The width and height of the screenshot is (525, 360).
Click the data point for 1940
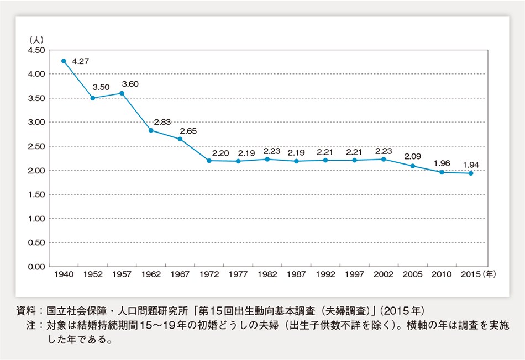pos(64,61)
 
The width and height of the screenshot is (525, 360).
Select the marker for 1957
pos(122,93)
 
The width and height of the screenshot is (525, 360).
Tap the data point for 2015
pos(470,173)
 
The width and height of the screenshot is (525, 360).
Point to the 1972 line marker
pos(209,160)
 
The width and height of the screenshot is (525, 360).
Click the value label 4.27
pos(80,61)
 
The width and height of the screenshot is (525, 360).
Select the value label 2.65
pos(188,131)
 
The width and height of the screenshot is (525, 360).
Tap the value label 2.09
pos(412,156)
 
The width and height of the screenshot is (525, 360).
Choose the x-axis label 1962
pos(151,274)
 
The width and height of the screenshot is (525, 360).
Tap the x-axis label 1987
pos(296,274)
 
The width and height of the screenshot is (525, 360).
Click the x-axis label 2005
pos(412,274)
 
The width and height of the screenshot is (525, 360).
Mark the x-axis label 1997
pos(354,274)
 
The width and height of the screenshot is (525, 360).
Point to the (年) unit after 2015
pos(490,274)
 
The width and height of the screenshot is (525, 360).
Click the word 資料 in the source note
pos(26,310)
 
